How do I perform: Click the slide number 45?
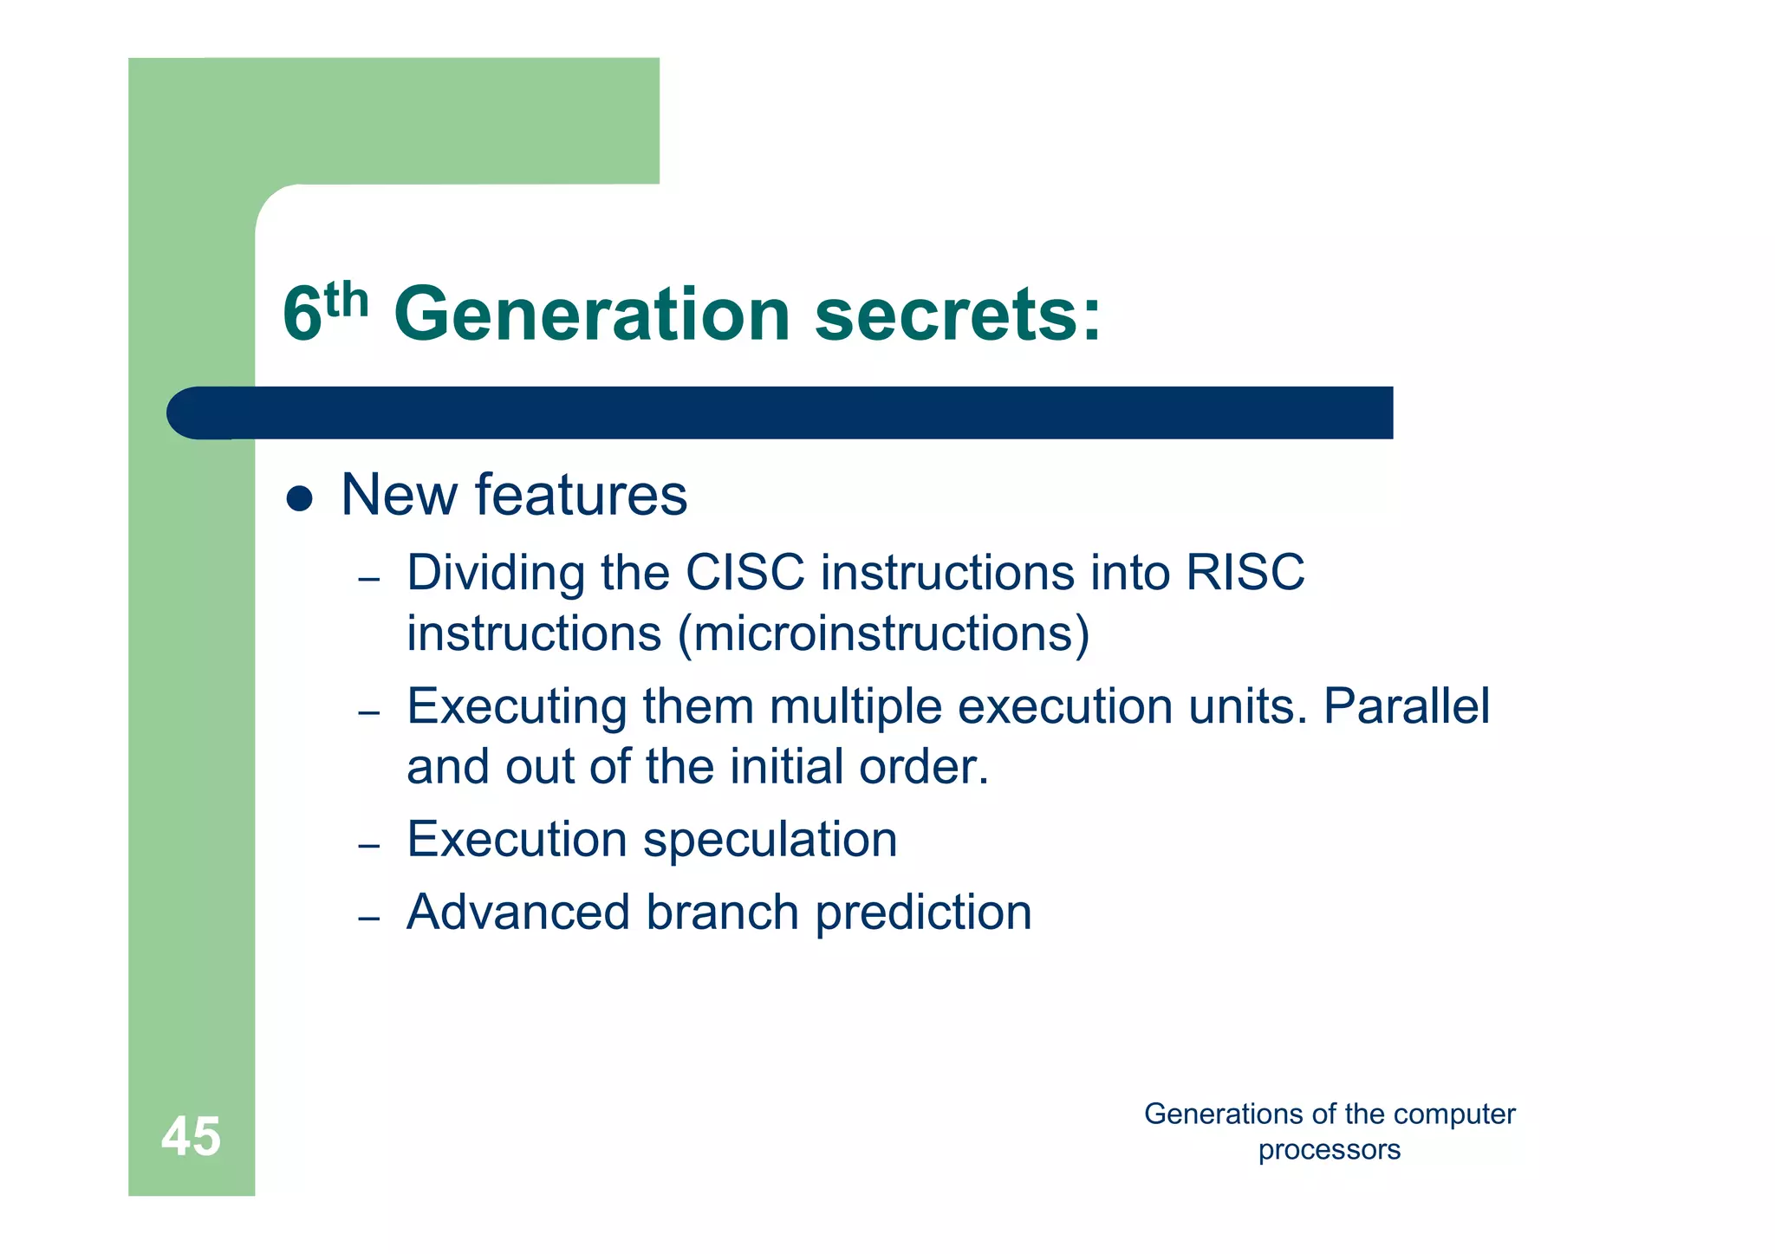pos(191,1136)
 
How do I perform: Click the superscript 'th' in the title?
pos(347,301)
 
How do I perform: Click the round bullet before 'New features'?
pos(299,498)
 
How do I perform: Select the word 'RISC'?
pos(1245,573)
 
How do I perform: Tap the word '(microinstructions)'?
pos(884,633)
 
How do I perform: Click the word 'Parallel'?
pos(1406,706)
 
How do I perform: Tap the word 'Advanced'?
pos(518,913)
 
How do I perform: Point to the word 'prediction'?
pos(924,913)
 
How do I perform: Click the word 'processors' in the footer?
pos(1329,1150)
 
